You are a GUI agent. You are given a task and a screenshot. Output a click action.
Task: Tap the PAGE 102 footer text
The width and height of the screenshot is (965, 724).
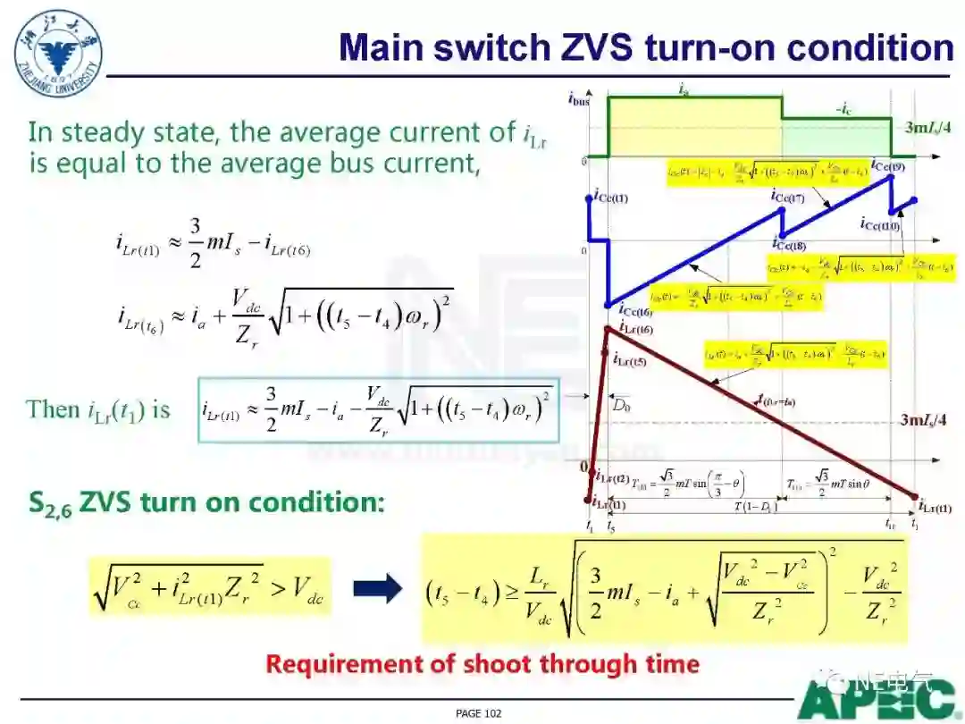[478, 713]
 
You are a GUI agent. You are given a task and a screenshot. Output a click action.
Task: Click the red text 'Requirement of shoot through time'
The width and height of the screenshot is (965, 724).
[482, 664]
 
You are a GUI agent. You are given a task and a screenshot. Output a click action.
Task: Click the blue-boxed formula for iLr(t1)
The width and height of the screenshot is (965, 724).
[378, 409]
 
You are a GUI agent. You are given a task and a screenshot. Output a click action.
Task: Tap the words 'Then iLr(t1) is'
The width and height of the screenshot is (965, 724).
[98, 409]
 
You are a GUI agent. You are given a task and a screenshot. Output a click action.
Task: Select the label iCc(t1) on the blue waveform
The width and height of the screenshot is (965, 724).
[611, 198]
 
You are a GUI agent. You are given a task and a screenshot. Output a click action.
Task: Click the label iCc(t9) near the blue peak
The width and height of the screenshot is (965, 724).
[888, 166]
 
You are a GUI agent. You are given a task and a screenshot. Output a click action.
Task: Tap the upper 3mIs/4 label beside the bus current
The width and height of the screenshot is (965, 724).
[927, 127]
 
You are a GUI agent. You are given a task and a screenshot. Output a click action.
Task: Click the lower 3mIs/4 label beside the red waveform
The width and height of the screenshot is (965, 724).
[927, 419]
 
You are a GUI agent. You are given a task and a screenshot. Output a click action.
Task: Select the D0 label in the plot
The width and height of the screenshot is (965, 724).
[620, 403]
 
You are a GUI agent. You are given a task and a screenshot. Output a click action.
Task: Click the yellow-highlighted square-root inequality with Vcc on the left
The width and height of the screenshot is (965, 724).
[210, 586]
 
